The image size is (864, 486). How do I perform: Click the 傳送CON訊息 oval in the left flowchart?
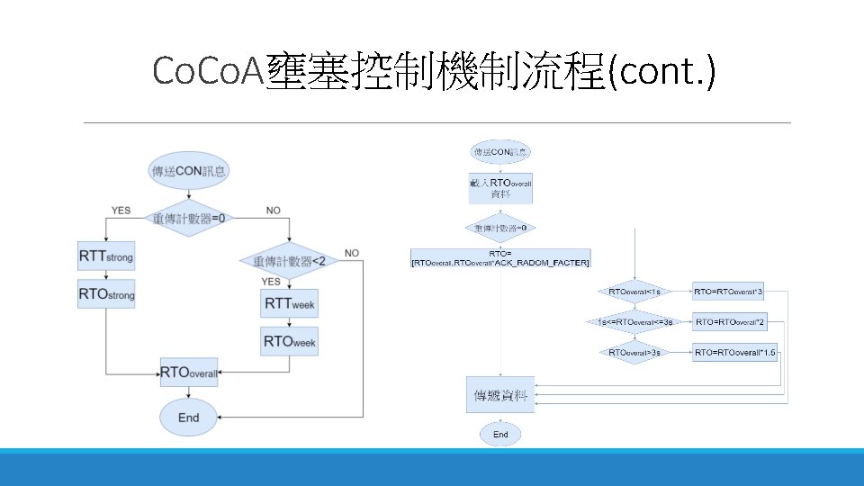(189, 170)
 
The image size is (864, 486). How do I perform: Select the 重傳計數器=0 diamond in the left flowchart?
(188, 218)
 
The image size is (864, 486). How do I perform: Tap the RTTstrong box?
(106, 256)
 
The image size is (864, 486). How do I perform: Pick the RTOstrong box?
(106, 293)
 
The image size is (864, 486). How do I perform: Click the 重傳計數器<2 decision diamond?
(289, 261)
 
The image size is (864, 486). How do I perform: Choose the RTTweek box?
(289, 303)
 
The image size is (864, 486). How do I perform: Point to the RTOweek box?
(289, 342)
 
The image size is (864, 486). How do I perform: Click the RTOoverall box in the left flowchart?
(188, 372)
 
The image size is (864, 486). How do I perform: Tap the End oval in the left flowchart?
(188, 417)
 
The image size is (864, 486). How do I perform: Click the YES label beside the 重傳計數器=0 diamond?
(121, 210)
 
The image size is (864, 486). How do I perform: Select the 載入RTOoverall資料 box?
(500, 188)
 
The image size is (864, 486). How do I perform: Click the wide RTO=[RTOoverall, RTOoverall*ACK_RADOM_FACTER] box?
(500, 257)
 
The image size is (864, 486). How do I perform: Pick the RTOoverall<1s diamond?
(634, 292)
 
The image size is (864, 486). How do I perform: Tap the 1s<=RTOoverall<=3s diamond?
(634, 322)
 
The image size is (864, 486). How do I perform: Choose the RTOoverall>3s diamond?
(634, 353)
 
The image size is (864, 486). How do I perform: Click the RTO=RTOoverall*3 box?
(729, 292)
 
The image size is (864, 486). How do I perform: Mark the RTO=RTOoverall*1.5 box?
(734, 353)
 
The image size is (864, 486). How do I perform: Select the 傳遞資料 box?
(500, 395)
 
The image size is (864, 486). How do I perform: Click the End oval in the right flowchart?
(500, 434)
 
